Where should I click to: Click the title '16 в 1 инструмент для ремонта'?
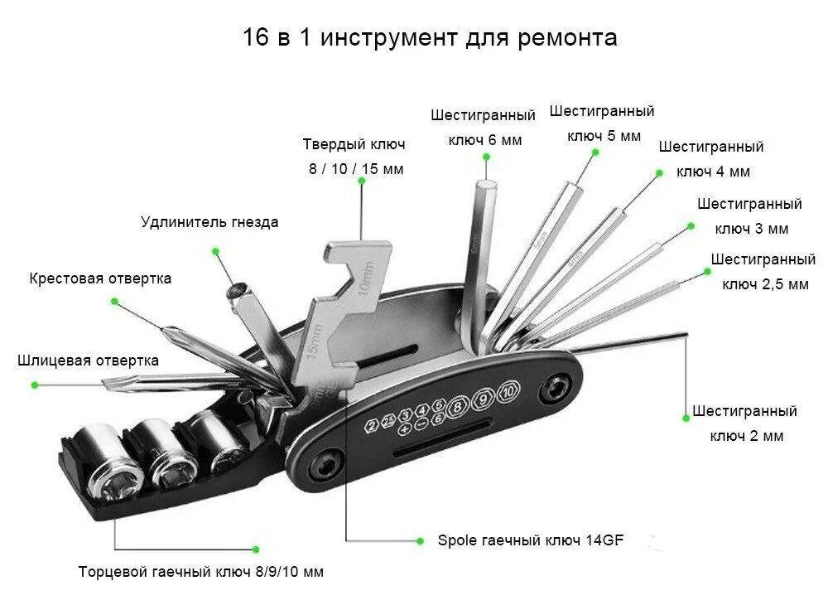(x=430, y=38)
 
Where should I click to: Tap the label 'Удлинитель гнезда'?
(x=209, y=222)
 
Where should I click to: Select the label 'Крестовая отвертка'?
(x=100, y=278)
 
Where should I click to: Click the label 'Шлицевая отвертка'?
(x=88, y=361)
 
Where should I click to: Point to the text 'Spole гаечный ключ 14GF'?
(x=530, y=540)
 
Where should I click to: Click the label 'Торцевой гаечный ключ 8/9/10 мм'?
(x=201, y=572)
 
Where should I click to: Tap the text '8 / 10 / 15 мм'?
(x=356, y=169)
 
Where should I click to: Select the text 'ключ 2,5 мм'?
(x=765, y=284)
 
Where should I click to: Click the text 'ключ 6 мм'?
(x=485, y=140)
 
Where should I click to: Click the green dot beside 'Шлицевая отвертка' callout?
(x=35, y=385)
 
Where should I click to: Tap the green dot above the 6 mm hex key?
(x=484, y=162)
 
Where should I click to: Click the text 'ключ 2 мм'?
(x=746, y=436)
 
